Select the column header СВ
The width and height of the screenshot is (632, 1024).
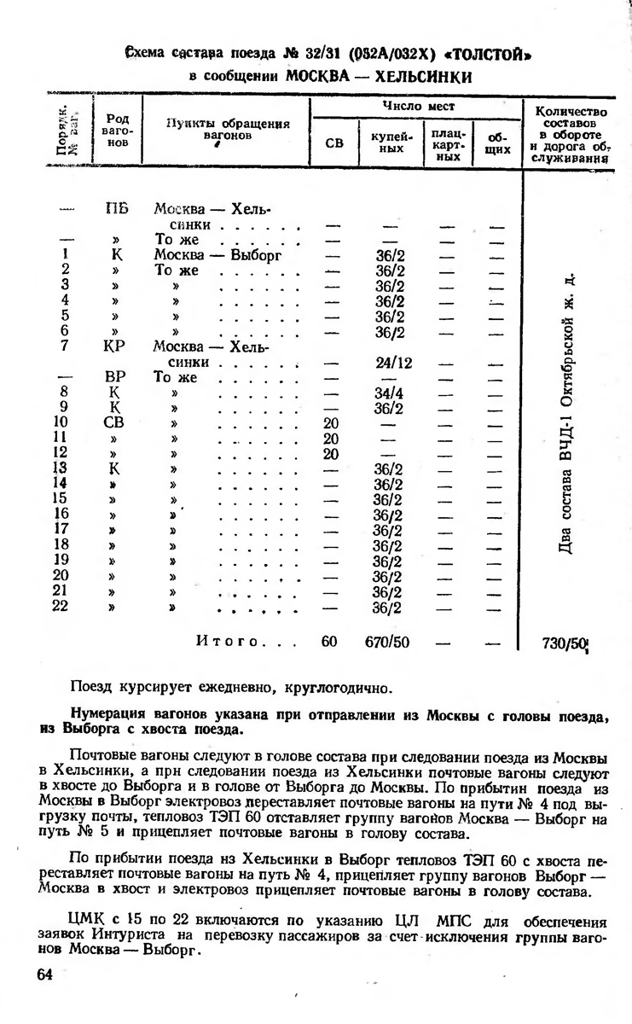click(334, 144)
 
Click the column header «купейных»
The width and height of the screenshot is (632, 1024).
click(391, 143)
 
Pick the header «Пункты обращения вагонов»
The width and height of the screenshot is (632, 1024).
click(227, 129)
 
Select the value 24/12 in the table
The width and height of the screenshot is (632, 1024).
click(393, 363)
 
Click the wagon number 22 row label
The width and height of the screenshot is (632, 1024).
click(61, 607)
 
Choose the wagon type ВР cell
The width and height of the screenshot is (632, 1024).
click(115, 377)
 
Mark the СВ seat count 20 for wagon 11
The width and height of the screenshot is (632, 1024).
click(332, 439)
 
